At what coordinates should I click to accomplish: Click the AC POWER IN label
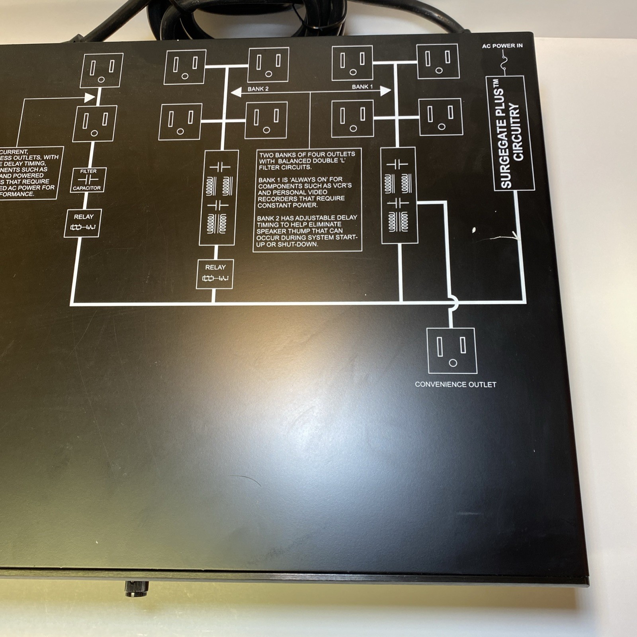click(x=502, y=46)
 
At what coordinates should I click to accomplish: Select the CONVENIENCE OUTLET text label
click(x=455, y=385)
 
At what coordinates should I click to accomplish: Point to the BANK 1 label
click(x=362, y=87)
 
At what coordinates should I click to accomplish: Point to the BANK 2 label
click(x=258, y=89)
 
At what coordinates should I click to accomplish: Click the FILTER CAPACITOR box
click(x=88, y=180)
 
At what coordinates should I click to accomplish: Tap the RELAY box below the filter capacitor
click(x=83, y=223)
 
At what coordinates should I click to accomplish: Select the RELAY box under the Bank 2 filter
click(x=215, y=274)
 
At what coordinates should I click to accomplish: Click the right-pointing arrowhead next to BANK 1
click(x=385, y=91)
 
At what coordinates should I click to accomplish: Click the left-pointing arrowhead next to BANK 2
click(x=236, y=92)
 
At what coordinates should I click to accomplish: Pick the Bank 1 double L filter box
click(x=399, y=195)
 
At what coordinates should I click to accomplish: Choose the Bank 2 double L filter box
click(x=219, y=198)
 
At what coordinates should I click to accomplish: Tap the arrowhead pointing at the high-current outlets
click(x=90, y=97)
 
